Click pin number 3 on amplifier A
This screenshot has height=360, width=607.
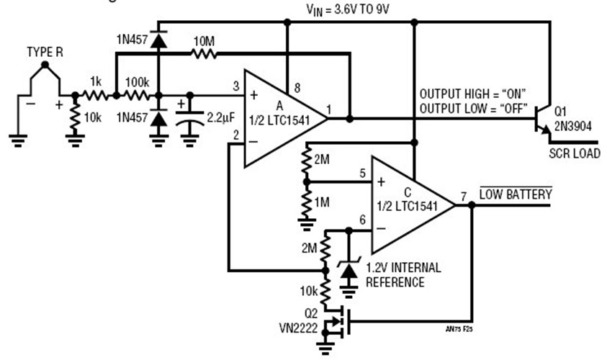coord(235,86)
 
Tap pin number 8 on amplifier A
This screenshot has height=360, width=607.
coord(295,87)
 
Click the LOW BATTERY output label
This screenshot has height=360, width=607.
coord(516,194)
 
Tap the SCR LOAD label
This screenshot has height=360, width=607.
coord(574,153)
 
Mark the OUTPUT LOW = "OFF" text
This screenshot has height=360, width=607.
coord(473,109)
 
